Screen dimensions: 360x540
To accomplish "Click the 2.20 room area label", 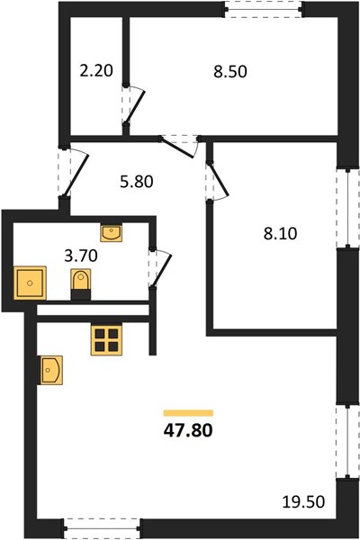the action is pos(96,71).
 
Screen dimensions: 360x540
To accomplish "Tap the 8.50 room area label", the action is pos(230,72).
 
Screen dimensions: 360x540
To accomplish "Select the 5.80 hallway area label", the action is pos(137,182).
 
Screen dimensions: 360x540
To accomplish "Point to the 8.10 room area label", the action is pos(280,234).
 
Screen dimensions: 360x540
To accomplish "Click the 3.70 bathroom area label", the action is pos(81,256).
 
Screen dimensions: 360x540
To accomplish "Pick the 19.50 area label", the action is pos(303,502).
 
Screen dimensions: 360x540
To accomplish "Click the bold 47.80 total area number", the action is pos(188,430).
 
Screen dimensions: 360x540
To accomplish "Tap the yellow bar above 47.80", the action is pos(188,413).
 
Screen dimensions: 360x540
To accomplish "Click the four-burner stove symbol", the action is pos(106,340).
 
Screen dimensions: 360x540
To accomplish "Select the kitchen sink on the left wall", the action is pos(50,370).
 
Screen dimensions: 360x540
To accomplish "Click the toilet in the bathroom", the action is pos(81,284).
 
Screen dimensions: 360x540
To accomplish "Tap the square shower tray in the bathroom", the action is pos(30,283).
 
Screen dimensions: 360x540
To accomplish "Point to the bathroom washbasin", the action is pos(112,233).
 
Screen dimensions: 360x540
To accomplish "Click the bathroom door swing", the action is pos(160,267).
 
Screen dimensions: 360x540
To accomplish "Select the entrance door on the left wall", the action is pos(73,173).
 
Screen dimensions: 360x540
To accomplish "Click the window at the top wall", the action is pos(264,9).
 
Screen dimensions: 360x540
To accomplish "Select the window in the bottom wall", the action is pos(102,527).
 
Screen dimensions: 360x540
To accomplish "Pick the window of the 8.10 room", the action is pos(348,208).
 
